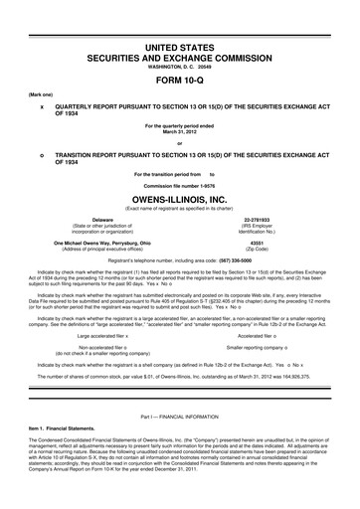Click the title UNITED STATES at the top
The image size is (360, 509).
coord(180,47)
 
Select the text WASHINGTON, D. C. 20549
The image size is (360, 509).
coord(180,67)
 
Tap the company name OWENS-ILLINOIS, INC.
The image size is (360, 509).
coord(180,199)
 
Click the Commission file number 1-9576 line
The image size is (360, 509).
coord(180,186)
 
